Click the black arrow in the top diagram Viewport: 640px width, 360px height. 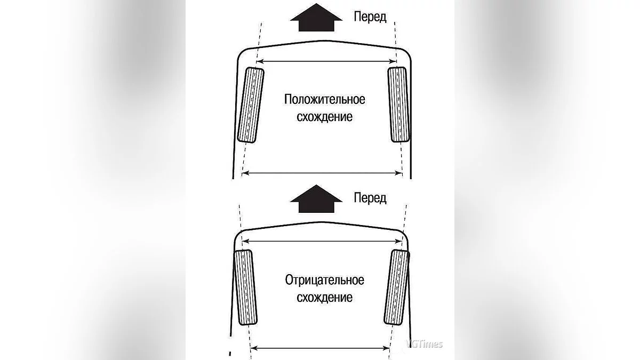tap(316, 19)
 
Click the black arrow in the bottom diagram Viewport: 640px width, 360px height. tap(316, 200)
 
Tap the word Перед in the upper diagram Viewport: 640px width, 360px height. tap(370, 17)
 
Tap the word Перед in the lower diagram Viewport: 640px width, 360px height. tap(370, 198)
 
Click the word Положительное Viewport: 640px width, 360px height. tap(325, 100)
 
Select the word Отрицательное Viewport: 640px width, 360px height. tap(325, 281)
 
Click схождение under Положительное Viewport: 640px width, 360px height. tap(325, 117)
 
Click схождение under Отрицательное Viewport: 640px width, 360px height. tap(325, 298)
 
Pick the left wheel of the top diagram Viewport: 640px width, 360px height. tap(251, 105)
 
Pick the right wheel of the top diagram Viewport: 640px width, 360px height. tap(398, 105)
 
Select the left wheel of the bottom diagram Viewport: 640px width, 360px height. tap(245, 287)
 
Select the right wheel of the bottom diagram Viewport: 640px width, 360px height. tap(397, 287)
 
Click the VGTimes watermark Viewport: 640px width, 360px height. tap(424, 344)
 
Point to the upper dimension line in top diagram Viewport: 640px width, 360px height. tap(326, 61)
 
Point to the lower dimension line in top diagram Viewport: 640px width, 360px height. tap(322, 173)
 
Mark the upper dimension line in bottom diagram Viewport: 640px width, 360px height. tap(322, 242)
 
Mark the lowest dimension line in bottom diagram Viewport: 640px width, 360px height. tap(320, 348)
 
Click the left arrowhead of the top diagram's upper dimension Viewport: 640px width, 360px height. tap(259, 61)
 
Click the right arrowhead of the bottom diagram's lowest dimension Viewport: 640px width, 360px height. tap(387, 348)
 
